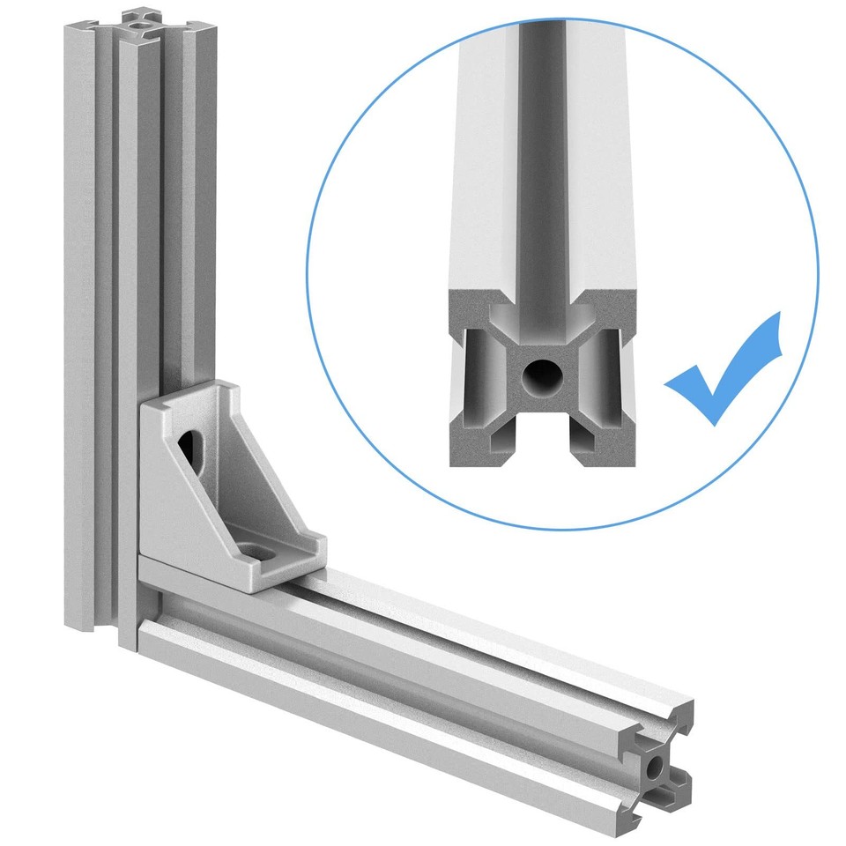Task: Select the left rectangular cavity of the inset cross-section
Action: coord(476,375)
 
